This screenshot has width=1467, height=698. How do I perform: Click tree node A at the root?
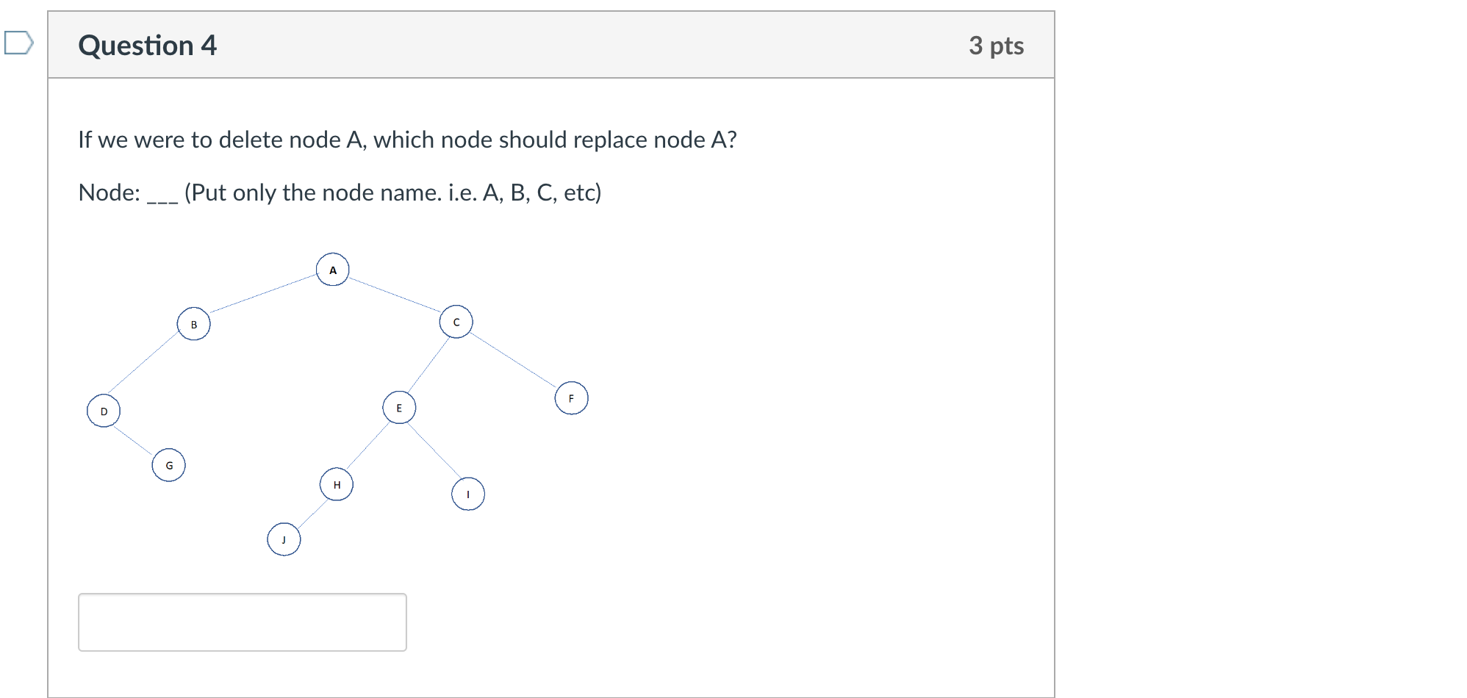click(x=333, y=270)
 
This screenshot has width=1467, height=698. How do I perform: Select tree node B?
click(x=194, y=324)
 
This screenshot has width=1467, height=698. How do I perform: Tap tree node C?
click(x=456, y=322)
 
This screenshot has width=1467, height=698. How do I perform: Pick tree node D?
click(x=104, y=411)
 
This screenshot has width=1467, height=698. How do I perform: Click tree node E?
click(x=399, y=408)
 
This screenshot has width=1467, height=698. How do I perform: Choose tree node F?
click(x=571, y=398)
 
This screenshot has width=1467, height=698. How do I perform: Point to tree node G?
click(x=169, y=465)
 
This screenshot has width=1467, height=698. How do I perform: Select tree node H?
click(x=337, y=484)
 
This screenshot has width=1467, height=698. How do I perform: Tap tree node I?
click(x=468, y=494)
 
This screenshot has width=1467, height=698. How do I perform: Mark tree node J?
click(x=284, y=539)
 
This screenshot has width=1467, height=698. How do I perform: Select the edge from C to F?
click(x=513, y=360)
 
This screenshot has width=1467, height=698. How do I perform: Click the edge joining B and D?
click(x=143, y=363)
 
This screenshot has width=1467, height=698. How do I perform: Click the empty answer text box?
click(x=243, y=622)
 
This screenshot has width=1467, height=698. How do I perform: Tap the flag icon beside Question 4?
click(x=18, y=43)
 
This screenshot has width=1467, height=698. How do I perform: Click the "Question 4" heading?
click(x=148, y=46)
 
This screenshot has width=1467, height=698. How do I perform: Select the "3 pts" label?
click(x=996, y=46)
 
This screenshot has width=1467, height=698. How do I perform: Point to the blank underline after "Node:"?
click(x=162, y=198)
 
